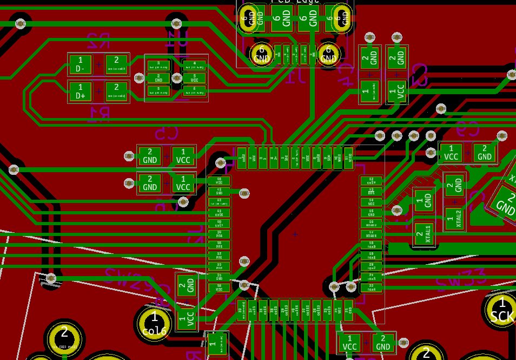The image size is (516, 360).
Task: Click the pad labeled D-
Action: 81,64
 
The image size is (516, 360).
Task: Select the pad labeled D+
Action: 81,91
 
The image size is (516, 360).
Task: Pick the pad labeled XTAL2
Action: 454,218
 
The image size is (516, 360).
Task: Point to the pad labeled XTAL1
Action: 424,234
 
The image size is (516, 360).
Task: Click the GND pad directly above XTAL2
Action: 454,186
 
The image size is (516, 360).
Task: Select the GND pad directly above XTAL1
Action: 424,201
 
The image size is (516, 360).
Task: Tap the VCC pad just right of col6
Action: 187,318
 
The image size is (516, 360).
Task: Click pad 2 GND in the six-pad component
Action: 158,78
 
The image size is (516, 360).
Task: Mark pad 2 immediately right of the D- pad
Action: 116,64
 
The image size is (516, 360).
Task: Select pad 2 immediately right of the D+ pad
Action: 116,91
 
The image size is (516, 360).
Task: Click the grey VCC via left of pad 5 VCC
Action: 176,78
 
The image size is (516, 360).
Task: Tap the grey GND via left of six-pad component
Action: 139,78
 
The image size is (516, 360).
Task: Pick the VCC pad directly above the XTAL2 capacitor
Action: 451,153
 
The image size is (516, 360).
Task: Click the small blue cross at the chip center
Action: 295,234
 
